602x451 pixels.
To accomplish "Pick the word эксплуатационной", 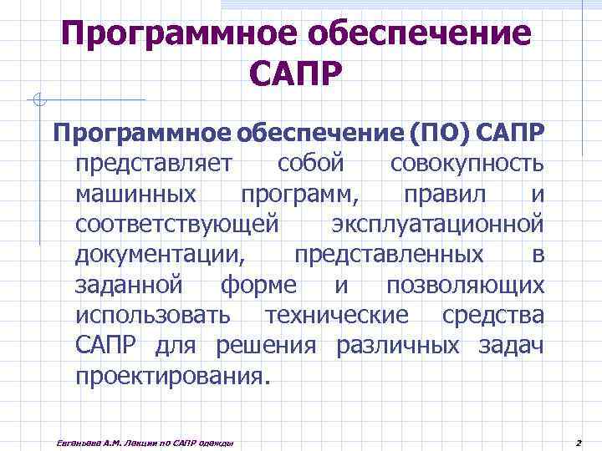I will point(437,224).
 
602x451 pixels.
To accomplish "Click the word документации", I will point(160,254).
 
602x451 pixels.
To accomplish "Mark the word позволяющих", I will point(465,285).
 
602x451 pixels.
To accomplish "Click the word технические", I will point(336,315).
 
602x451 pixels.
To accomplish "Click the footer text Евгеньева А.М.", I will point(79,440).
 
